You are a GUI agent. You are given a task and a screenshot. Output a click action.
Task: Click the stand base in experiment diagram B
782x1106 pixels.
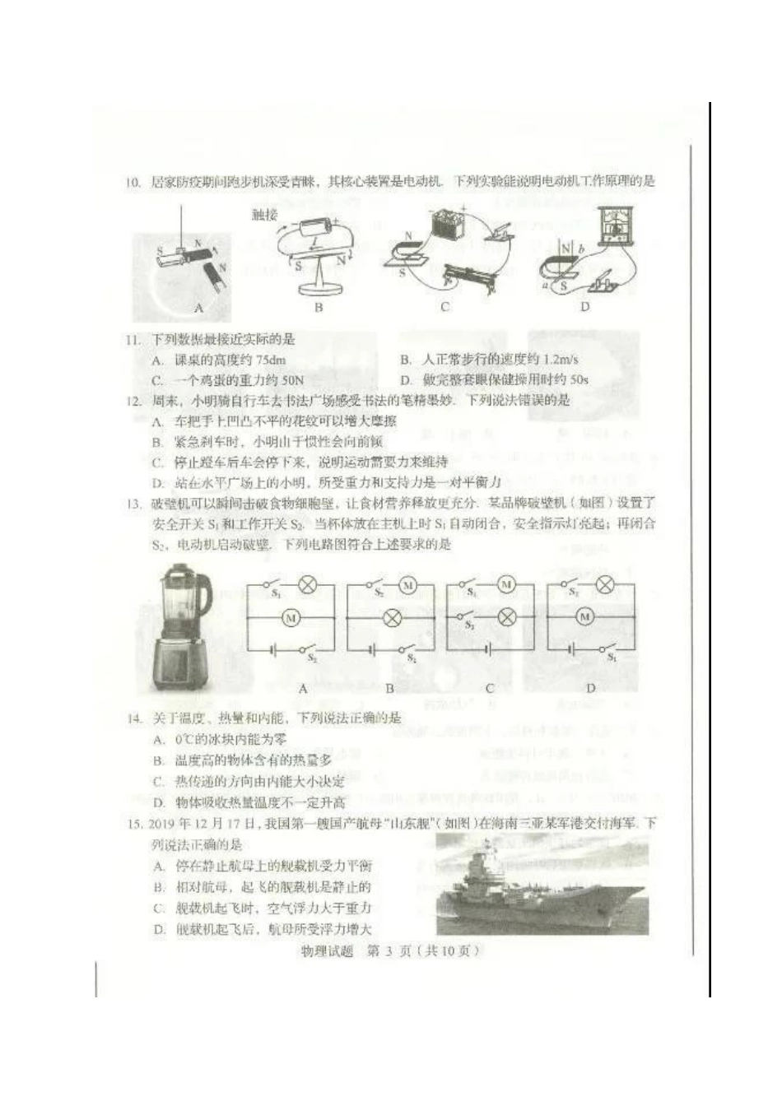tap(318, 287)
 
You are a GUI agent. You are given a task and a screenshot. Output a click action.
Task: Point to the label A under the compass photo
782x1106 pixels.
tap(198, 308)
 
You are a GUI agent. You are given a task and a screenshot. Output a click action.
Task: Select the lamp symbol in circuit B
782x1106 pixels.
tap(392, 617)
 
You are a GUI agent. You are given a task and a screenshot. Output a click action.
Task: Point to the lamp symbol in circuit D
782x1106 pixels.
tap(605, 585)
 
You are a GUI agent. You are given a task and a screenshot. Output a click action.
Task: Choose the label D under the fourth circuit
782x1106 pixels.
tap(590, 688)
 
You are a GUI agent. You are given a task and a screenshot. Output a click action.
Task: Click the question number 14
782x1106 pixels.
tap(134, 718)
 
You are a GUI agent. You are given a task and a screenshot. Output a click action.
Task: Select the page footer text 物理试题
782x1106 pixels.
tap(328, 951)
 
